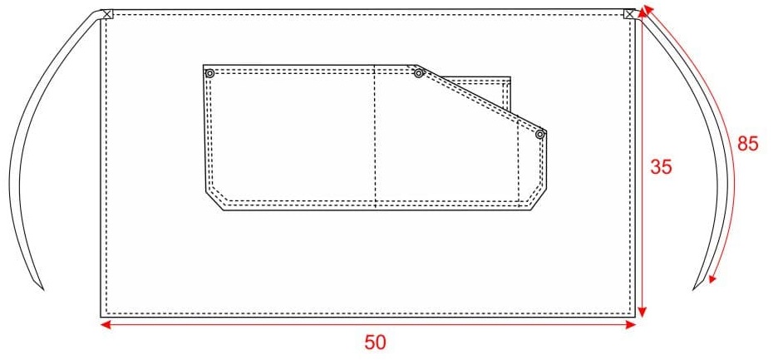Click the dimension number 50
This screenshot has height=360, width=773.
[x=375, y=343]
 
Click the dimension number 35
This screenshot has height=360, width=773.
[x=661, y=167]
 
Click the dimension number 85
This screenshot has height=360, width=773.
[x=747, y=144]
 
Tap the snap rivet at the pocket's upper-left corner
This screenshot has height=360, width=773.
[x=209, y=73]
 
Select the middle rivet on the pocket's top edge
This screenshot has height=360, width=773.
[x=419, y=73]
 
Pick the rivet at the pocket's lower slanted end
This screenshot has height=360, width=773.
[x=539, y=134]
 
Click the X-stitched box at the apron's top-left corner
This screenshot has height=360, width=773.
[x=107, y=14]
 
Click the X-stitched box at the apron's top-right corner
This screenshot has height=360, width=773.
[x=629, y=14]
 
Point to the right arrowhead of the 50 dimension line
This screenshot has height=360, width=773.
[x=631, y=324]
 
